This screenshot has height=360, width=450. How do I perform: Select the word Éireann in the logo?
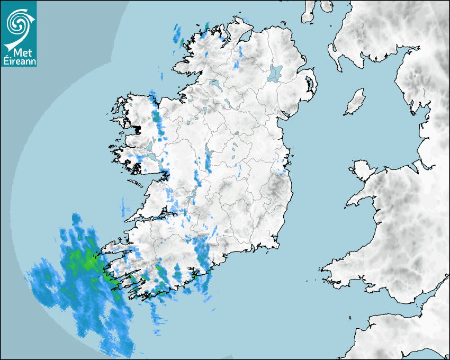tap(19, 61)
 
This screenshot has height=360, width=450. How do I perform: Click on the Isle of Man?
tap(355, 102)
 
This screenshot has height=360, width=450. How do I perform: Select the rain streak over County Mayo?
tap(156, 116)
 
